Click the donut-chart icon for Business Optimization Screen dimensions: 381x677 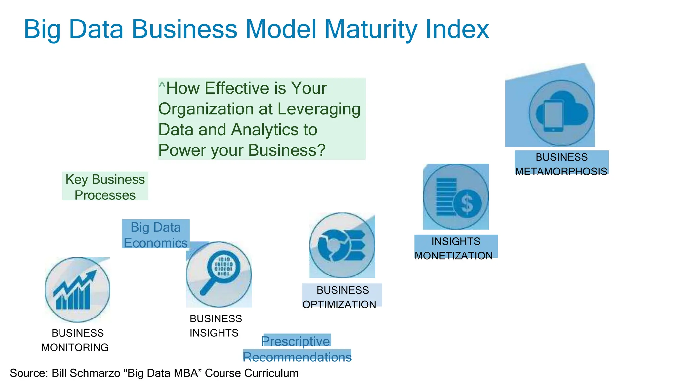tap(342, 246)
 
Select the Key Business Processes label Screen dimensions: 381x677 tap(105, 187)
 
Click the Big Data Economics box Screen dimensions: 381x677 tap(156, 235)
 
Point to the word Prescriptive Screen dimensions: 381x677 tap(296, 341)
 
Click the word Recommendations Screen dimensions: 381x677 tap(297, 357)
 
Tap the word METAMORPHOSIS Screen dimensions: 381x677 tap(561, 172)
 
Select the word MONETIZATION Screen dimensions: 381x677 tap(454, 256)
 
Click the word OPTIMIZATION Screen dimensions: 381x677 tap(339, 304)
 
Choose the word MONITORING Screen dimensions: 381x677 tap(75, 347)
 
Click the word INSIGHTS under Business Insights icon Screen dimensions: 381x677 tap(214, 333)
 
